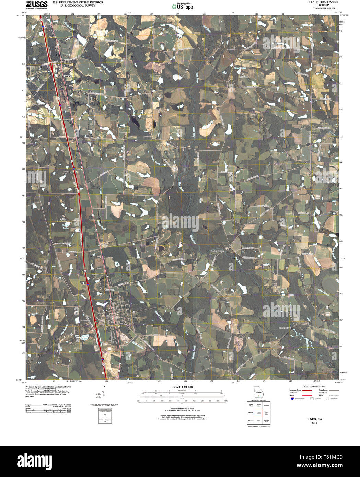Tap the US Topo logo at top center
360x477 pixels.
pyautogui.click(x=185, y=6)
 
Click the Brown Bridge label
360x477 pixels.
pyautogui.click(x=285, y=328)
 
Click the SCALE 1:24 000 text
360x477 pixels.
pyautogui.click(x=183, y=387)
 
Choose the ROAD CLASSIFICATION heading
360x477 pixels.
pyautogui.click(x=312, y=387)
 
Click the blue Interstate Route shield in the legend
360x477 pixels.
pyautogui.click(x=292, y=399)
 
